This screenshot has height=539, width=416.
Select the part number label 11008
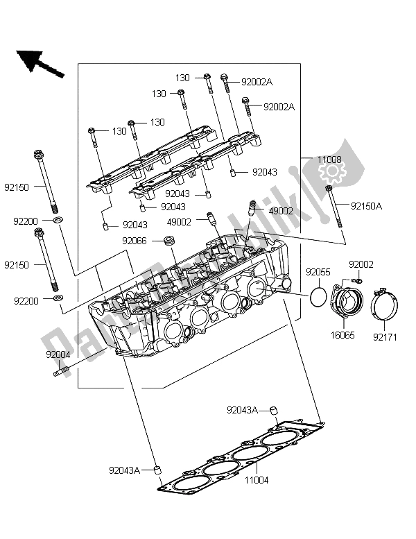(331, 160)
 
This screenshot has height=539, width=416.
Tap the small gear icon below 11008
(332, 171)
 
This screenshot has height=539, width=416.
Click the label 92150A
(367, 205)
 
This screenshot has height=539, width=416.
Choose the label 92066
(136, 241)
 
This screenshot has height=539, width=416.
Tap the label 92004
(60, 354)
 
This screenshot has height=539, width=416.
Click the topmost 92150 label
(18, 187)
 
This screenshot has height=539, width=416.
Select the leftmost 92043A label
(124, 470)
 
